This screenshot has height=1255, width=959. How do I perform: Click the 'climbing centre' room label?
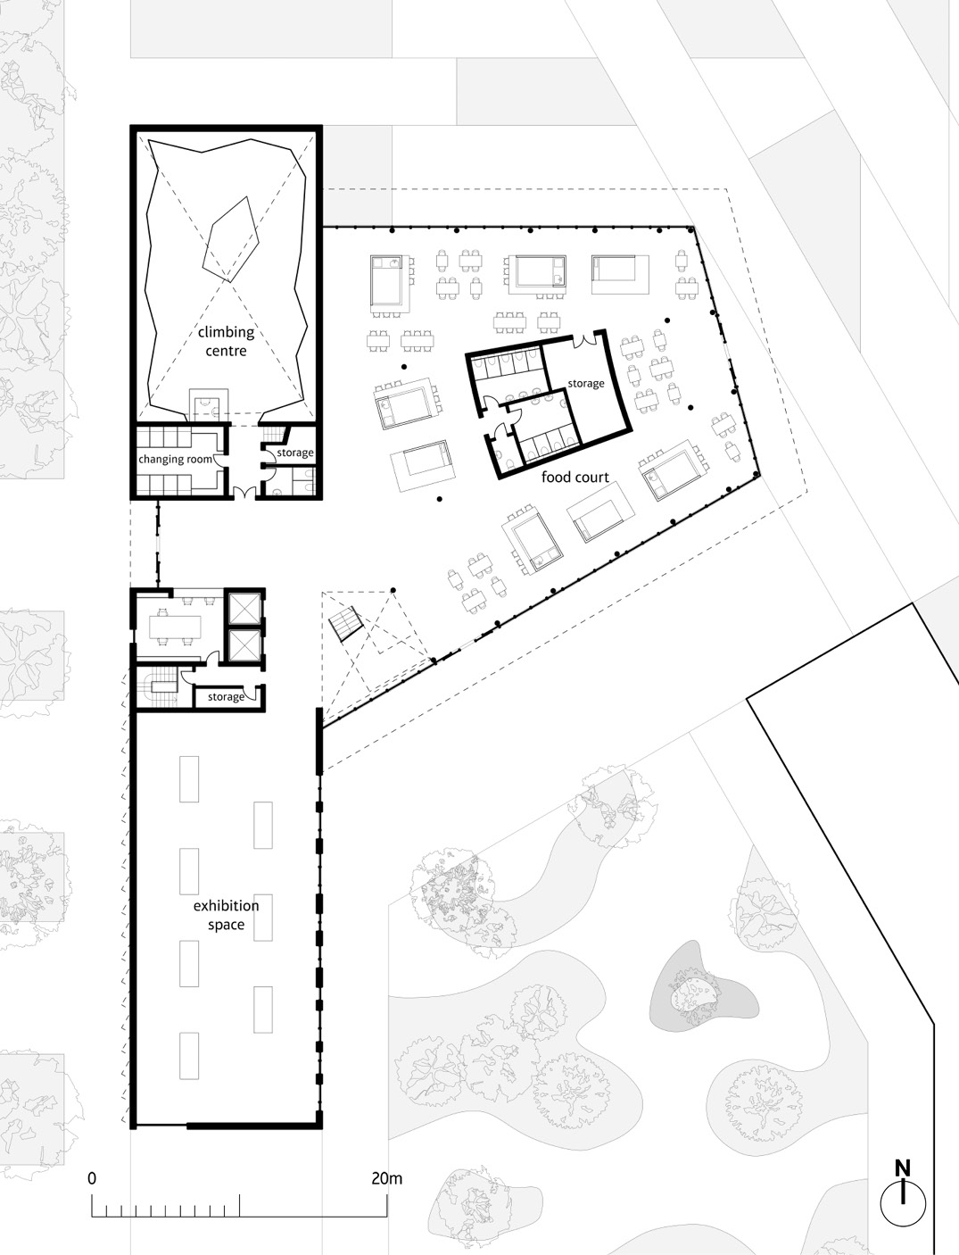(226, 341)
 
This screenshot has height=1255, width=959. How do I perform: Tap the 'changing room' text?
(175, 459)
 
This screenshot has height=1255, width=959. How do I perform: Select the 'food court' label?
(575, 478)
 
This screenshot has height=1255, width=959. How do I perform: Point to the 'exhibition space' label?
(226, 915)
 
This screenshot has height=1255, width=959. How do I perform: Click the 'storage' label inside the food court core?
(586, 383)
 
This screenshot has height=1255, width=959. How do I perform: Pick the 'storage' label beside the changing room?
(294, 453)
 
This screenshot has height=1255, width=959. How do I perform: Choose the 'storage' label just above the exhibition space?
(225, 696)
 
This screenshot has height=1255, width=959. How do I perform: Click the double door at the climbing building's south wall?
(242, 492)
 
